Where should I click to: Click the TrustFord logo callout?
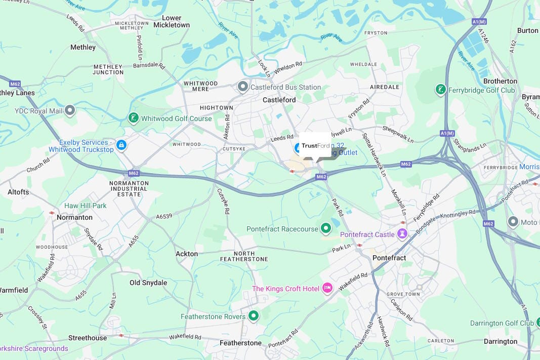coord(315,146)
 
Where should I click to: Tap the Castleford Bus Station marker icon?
coord(243,87)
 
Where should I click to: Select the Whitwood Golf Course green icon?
coord(133,118)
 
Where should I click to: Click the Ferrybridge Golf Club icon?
coord(441,90)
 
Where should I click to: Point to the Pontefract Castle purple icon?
coord(402,234)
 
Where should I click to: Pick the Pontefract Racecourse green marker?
coord(326,229)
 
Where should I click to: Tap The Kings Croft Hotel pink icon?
coord(327,289)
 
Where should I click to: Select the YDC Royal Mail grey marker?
coord(70,110)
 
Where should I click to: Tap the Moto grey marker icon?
coord(513,222)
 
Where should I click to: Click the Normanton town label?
coord(74,217)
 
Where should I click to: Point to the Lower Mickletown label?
coord(172,22)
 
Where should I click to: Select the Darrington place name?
coord(500,341)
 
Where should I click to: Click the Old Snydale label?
coord(148,283)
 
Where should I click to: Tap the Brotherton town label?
coord(500,81)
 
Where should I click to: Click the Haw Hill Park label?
coord(86,206)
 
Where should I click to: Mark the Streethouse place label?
coord(88,338)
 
